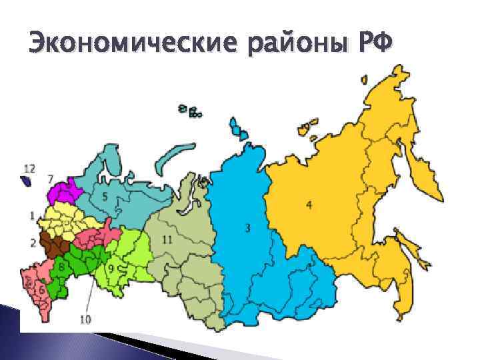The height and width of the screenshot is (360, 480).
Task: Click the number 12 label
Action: click(x=29, y=167)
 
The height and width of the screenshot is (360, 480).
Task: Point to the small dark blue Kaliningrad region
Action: click(x=27, y=180)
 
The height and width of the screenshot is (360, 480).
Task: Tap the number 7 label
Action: click(x=51, y=179)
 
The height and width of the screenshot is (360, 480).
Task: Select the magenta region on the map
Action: click(x=64, y=193)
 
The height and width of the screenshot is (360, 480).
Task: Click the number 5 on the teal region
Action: click(x=104, y=197)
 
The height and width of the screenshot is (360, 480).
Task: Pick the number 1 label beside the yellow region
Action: click(x=33, y=215)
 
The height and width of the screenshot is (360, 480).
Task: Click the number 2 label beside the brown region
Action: click(x=33, y=241)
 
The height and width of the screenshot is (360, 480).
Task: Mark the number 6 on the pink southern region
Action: click(x=41, y=290)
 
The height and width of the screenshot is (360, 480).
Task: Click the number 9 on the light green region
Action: click(x=111, y=267)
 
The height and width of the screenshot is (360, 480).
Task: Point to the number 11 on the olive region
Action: click(x=167, y=239)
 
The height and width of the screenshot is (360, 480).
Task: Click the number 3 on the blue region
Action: click(x=247, y=229)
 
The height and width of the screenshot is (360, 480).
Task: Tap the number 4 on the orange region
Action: click(x=309, y=204)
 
